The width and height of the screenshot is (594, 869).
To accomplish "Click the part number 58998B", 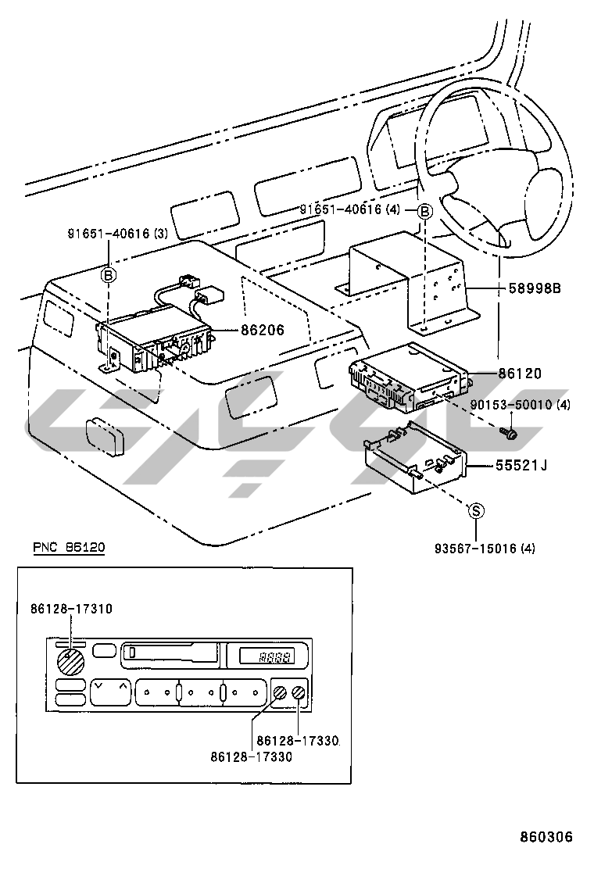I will [x=535, y=288].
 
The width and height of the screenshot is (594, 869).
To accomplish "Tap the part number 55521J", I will [x=521, y=466].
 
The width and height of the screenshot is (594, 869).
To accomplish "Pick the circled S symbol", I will [x=476, y=511].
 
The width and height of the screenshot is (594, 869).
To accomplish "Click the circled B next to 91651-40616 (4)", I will [x=424, y=211].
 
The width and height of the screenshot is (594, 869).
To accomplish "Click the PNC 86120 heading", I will [x=68, y=548].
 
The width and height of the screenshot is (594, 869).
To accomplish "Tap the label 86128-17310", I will [x=73, y=608].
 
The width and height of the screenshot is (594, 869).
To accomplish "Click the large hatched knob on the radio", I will [x=72, y=663].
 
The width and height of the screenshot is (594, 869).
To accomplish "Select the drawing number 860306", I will [x=547, y=837].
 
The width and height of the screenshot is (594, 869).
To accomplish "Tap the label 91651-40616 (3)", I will [x=117, y=233].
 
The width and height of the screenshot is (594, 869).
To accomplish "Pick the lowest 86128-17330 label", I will [x=251, y=756].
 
